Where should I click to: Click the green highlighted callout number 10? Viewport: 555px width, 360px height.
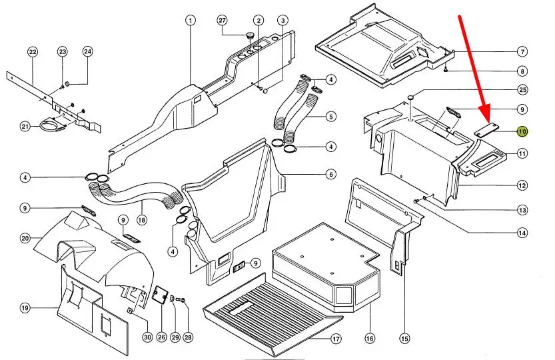[522, 131]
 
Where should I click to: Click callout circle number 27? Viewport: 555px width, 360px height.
[223, 21]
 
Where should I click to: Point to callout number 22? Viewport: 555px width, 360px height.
[32, 52]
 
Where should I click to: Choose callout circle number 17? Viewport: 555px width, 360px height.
[336, 339]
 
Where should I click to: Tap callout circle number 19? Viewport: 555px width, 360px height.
[25, 308]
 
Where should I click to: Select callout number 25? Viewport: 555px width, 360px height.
[522, 90]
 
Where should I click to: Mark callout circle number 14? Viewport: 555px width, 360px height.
[522, 233]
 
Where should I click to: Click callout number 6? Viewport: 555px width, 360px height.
[330, 175]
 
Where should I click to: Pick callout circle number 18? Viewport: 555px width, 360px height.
[141, 220]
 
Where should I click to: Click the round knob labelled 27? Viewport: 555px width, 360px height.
[250, 35]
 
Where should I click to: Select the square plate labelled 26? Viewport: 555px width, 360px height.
[160, 294]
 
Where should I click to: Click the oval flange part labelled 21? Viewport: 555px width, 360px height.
[52, 125]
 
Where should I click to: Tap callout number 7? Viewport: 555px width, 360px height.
[522, 52]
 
